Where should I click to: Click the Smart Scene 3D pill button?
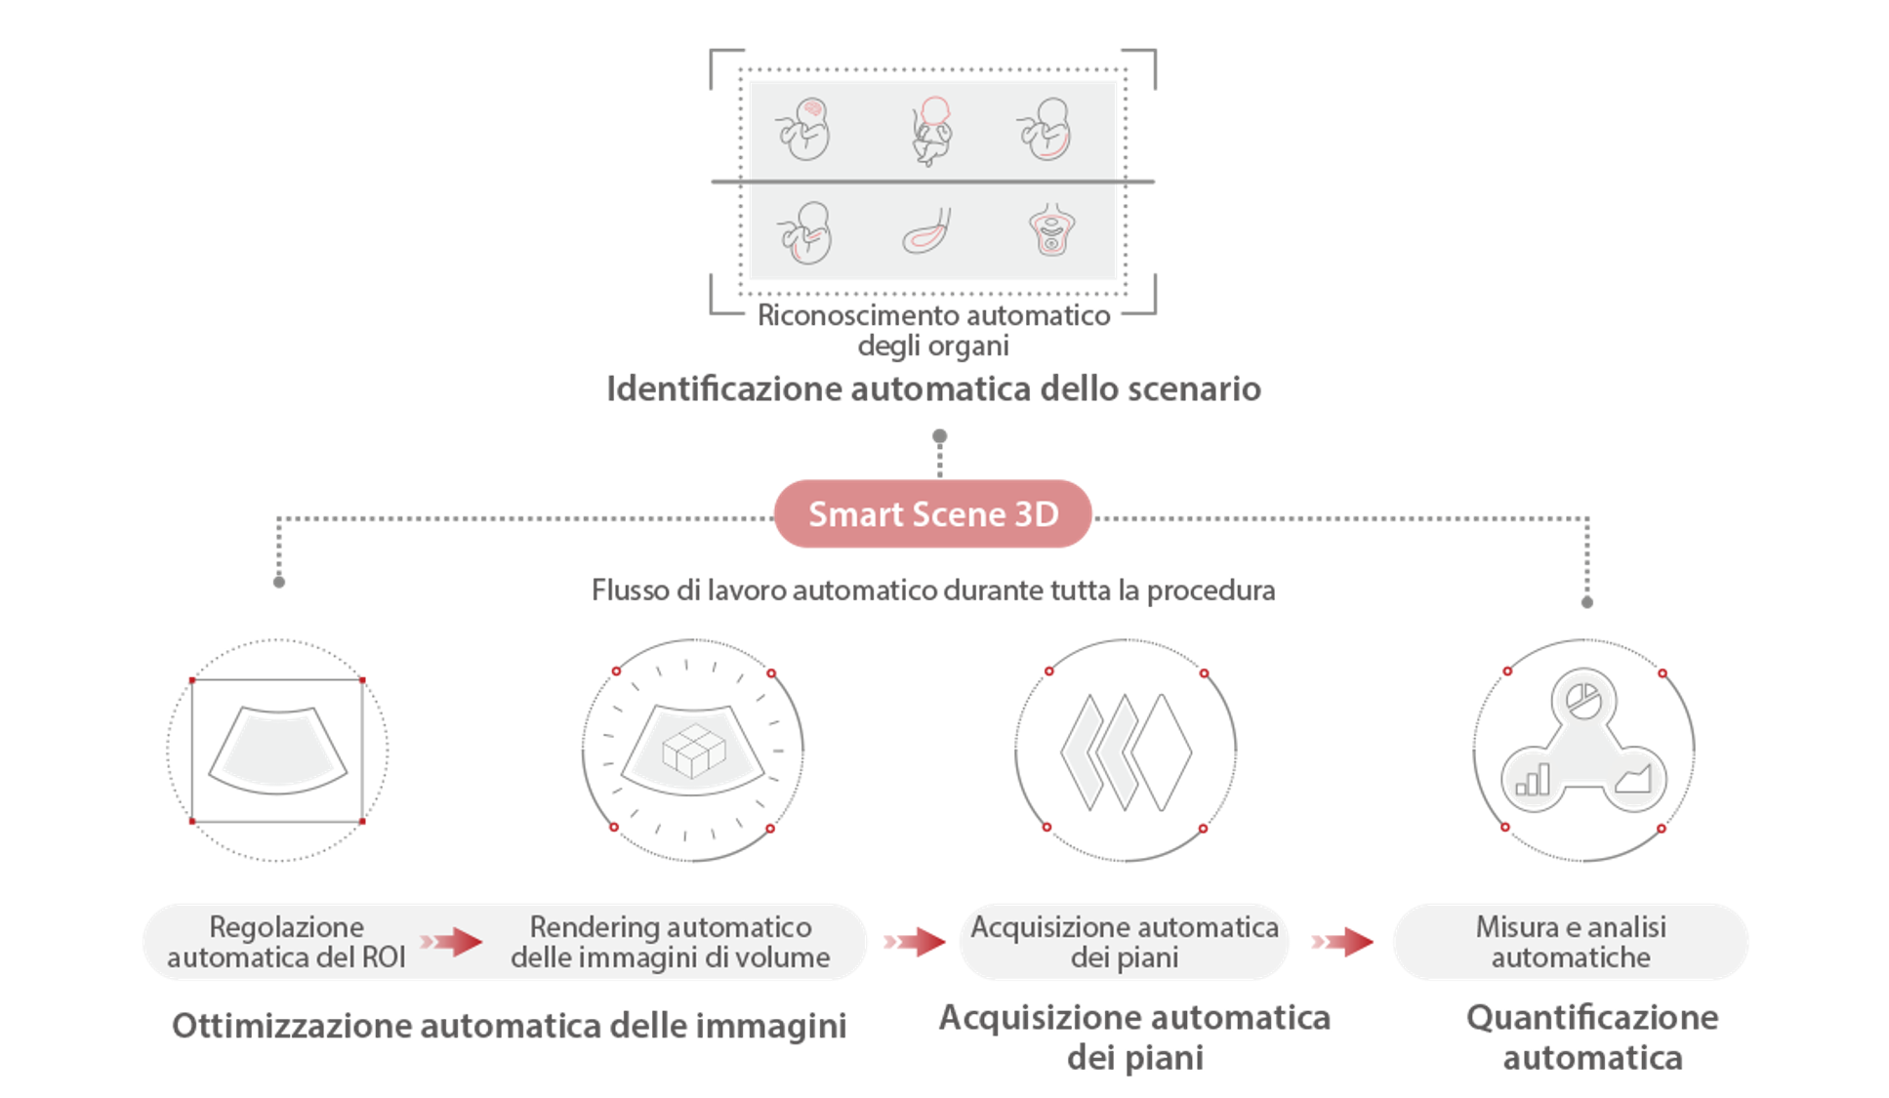pos(932,513)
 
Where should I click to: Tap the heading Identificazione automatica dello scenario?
pos(933,388)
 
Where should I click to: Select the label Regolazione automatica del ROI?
pos(286,942)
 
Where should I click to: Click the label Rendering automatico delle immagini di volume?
pos(670,942)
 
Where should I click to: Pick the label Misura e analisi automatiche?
pos(1570,942)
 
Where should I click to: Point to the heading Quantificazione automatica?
pos(1591,1037)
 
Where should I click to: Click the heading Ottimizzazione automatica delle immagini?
pos(509,1026)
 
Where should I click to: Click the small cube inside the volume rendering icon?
pos(693,751)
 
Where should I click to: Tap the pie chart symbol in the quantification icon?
pos(1582,700)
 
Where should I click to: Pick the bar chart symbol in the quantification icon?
pos(1532,781)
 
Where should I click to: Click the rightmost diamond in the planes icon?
pos(1162,752)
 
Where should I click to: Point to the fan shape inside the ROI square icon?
pos(277,750)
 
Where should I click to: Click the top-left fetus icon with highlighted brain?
pos(804,129)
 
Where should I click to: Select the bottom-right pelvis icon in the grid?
pos(1051,231)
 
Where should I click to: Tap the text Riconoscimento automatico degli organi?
pos(933,330)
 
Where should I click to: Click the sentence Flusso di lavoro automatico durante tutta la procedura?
pos(933,590)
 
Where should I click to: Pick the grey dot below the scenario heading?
pos(939,436)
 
